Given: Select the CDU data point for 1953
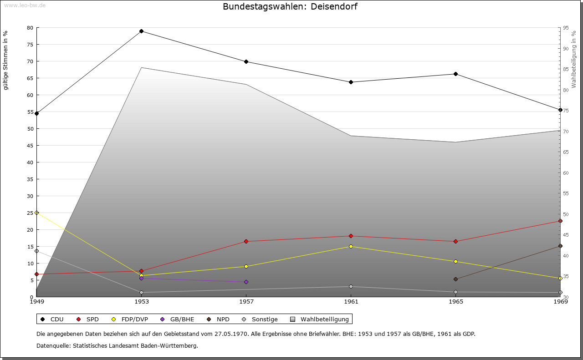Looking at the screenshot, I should [x=141, y=31].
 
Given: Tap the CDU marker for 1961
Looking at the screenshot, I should [x=351, y=82].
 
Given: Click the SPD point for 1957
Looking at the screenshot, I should [x=246, y=241].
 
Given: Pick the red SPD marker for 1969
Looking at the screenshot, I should [x=560, y=221].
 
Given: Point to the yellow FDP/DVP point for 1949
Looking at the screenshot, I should [x=36, y=213].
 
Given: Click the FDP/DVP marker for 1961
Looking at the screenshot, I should [x=351, y=246].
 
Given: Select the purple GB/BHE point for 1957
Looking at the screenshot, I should [x=246, y=282].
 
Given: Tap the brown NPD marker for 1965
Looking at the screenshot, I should [x=455, y=279].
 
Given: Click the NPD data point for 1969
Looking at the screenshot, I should [x=560, y=246].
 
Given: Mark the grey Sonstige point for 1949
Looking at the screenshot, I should [x=36, y=251].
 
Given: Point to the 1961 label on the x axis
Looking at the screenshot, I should [x=351, y=301].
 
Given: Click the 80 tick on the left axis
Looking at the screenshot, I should [x=30, y=28].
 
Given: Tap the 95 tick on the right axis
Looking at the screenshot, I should [x=566, y=28].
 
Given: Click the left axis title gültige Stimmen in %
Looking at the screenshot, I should [x=5, y=60].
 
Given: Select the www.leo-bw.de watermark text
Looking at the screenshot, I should [x=25, y=5].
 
